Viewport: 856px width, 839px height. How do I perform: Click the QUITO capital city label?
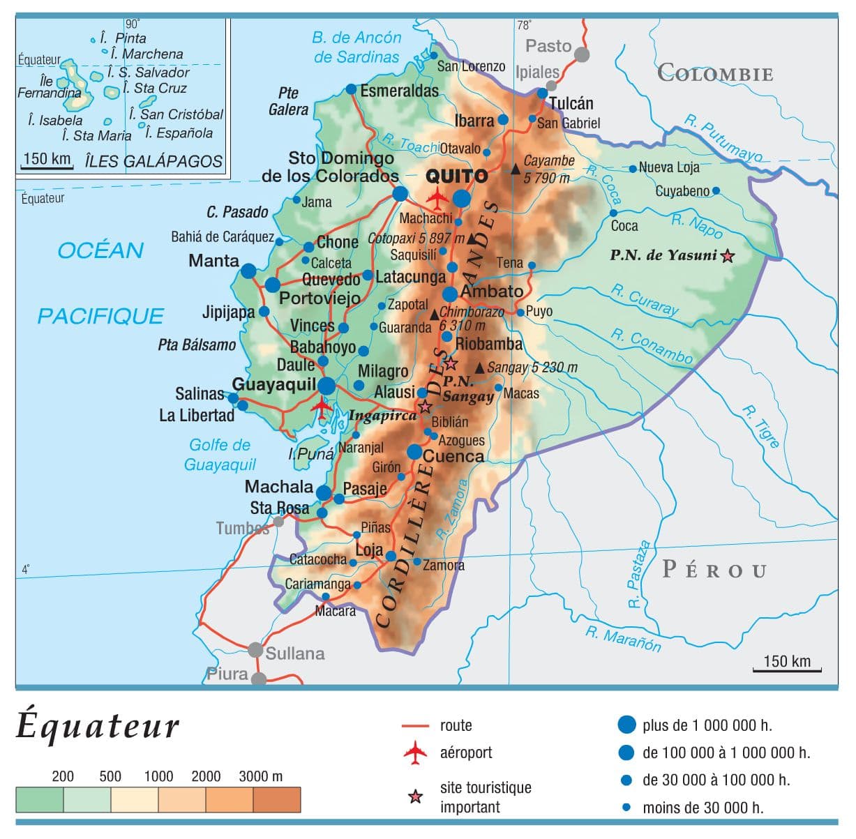coord(457,176)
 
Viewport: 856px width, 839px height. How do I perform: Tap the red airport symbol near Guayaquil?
coord(322,405)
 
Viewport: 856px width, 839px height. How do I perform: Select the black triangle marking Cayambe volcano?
coord(516,169)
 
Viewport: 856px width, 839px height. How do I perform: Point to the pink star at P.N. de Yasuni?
coord(728,256)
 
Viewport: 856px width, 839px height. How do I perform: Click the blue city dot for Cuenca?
coord(414,452)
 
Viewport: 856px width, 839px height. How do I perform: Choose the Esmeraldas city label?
coord(399,91)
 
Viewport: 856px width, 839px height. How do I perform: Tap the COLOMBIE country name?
coord(715,73)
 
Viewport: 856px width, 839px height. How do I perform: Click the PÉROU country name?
coord(714,570)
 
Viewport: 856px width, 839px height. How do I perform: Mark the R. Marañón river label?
coord(623,638)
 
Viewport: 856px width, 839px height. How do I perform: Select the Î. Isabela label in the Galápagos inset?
coord(55,121)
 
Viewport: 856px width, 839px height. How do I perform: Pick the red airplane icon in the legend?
coord(415,753)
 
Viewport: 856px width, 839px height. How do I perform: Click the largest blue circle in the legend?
coord(626,725)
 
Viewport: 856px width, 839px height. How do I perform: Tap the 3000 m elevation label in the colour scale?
coord(260,776)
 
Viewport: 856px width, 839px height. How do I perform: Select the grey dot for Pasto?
coord(581,54)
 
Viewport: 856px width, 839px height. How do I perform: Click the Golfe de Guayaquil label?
coord(220,455)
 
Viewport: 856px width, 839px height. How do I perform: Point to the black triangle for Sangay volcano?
coord(479,368)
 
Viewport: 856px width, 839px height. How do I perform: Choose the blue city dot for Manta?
coord(248,271)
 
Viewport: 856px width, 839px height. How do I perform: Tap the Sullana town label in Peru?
coord(294,653)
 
